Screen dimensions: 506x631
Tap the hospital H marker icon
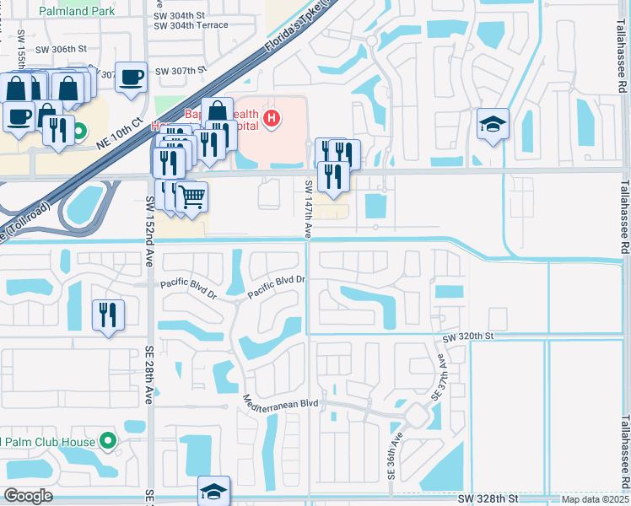click(x=271, y=119)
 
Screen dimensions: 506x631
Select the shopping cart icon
click(x=192, y=197)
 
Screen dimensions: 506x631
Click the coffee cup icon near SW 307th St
click(x=132, y=78)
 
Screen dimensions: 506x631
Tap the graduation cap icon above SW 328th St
click(x=214, y=491)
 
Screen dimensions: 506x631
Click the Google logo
click(x=29, y=496)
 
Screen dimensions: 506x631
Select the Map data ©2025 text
click(x=594, y=499)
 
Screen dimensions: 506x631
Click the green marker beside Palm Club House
click(x=107, y=440)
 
